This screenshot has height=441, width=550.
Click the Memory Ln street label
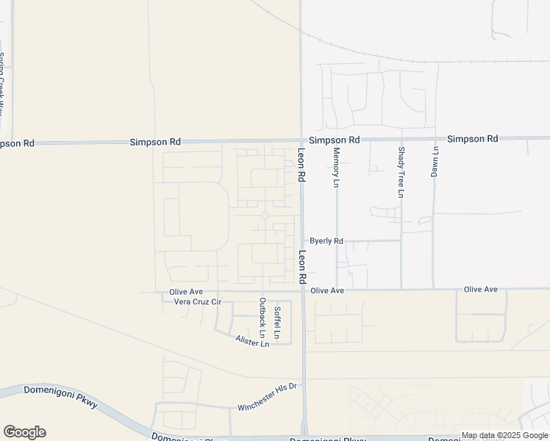[x=336, y=166]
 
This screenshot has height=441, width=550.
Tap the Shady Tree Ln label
[x=401, y=172]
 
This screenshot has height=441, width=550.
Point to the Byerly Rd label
[x=326, y=240]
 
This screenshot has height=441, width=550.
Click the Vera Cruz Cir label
[x=197, y=302]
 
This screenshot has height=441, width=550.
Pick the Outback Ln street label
[x=261, y=313]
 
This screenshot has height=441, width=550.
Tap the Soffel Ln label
[x=277, y=322]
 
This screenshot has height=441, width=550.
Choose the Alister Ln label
[x=252, y=342]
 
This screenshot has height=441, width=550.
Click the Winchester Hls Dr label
[x=266, y=397]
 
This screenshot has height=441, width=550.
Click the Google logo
[x=24, y=432]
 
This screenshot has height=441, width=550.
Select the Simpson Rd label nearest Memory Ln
[x=334, y=140]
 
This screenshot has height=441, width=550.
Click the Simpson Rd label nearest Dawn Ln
[x=472, y=138]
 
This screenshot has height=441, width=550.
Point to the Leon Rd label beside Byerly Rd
[x=301, y=268]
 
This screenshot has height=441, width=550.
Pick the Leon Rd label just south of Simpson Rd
[x=301, y=165]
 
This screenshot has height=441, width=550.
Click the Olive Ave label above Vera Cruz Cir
[x=186, y=292]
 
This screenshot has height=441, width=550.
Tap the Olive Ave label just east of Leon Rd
[x=327, y=291]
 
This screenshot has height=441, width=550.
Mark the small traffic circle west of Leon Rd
[x=265, y=215]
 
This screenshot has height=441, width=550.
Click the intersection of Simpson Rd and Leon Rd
[x=301, y=140]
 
